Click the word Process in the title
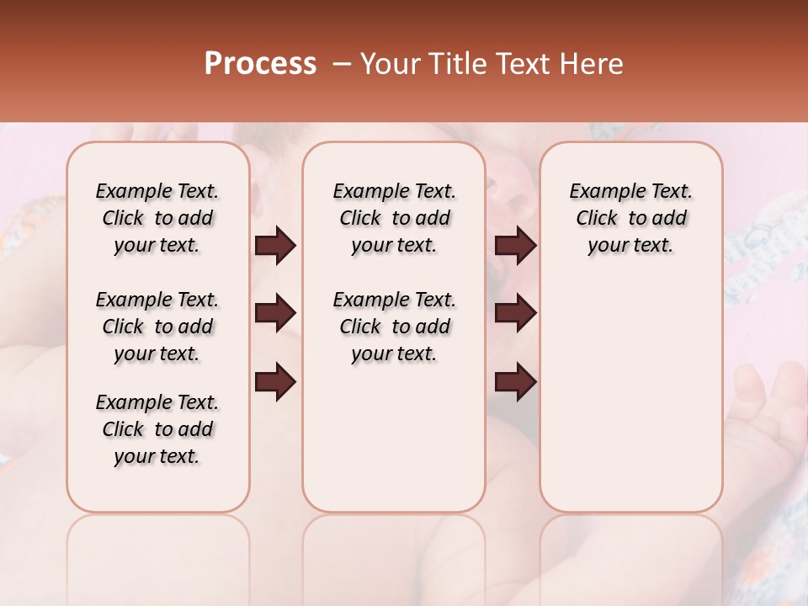260,64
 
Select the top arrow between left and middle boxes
275,246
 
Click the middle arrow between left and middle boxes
275,313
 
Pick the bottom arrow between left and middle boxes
275,381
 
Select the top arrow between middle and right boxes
515,246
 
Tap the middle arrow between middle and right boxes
515,313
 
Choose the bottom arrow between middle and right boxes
515,381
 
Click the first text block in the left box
157,218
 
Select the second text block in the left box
157,327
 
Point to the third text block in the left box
157,429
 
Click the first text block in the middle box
394,218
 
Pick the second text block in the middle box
394,327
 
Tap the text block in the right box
630,218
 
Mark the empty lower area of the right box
630,404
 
